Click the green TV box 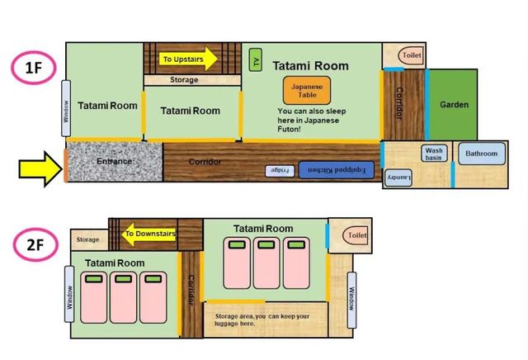click(x=256, y=59)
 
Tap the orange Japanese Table click(x=307, y=90)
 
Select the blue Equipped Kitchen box click(x=337, y=170)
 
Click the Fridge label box click(x=280, y=171)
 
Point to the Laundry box click(x=398, y=178)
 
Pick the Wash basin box click(x=434, y=154)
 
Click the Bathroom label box click(x=482, y=154)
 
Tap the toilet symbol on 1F click(x=411, y=55)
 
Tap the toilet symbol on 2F click(x=356, y=235)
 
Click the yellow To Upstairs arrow click(x=188, y=59)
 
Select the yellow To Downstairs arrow click(x=149, y=234)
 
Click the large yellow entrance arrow click(x=40, y=169)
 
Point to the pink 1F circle click(x=34, y=68)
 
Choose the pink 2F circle click(x=35, y=244)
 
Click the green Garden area click(x=453, y=105)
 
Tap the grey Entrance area click(x=114, y=162)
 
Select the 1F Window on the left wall click(x=66, y=108)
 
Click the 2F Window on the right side click(x=351, y=300)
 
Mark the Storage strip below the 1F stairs click(x=192, y=80)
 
